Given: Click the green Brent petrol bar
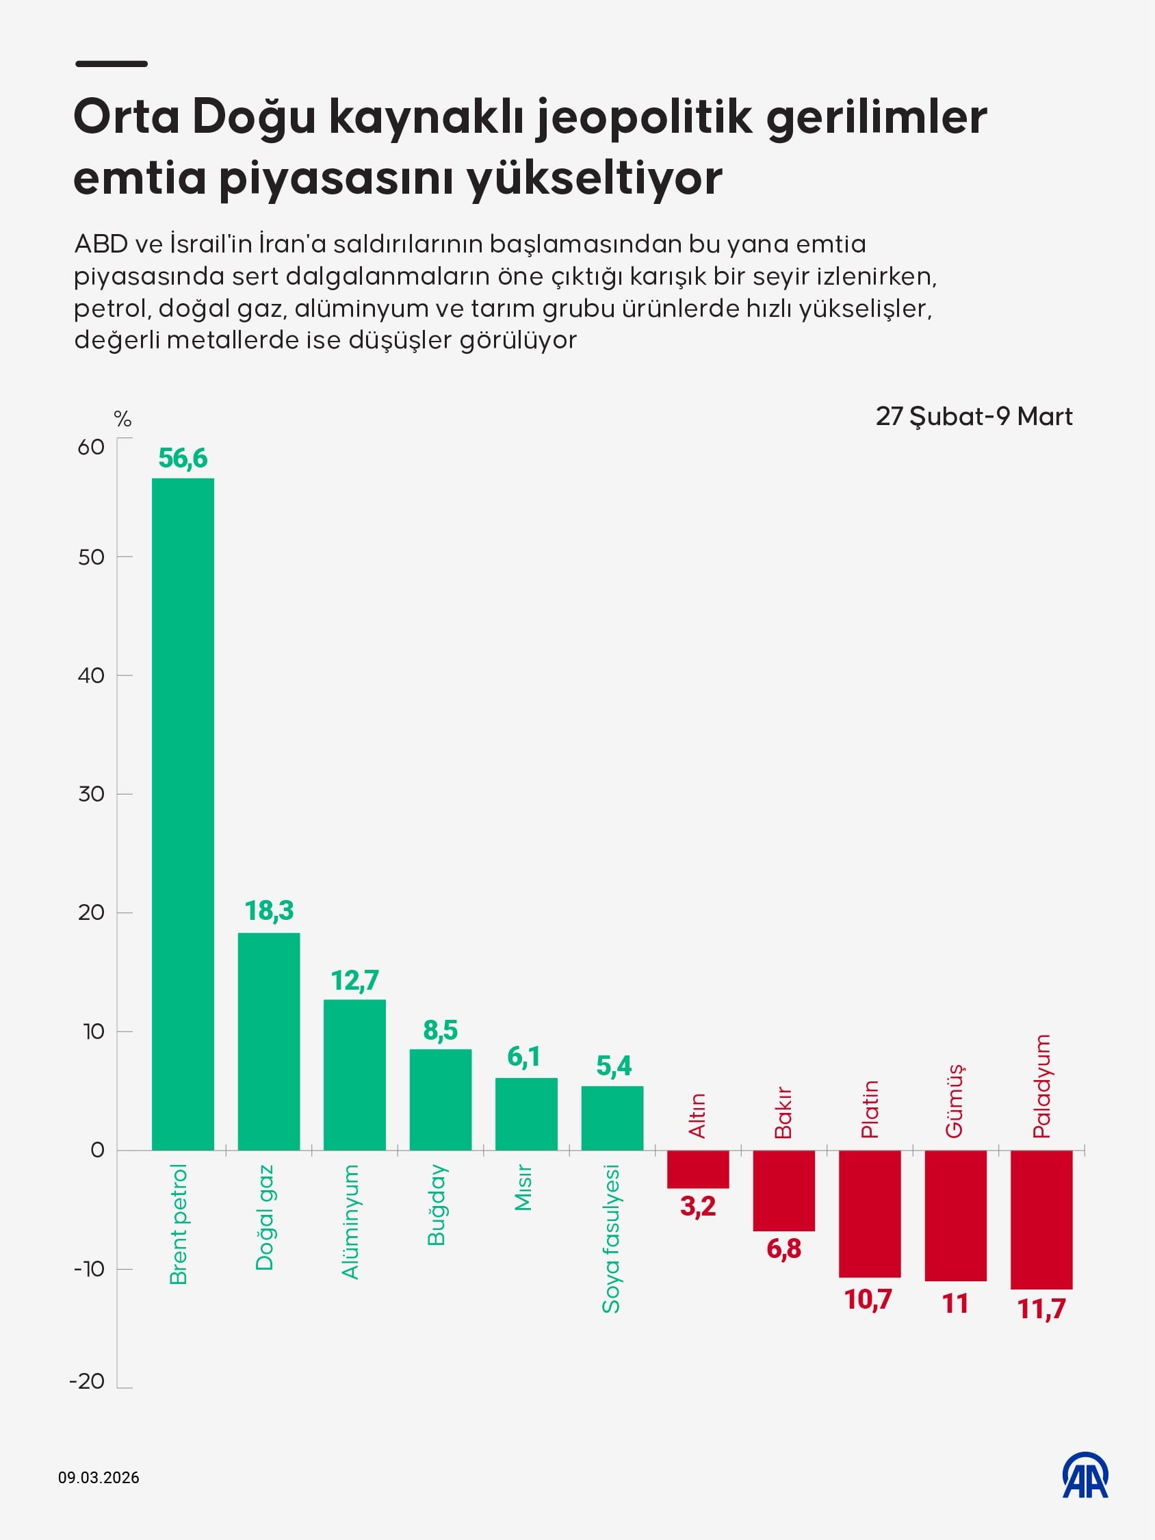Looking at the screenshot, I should (x=183, y=814).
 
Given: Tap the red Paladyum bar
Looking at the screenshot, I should (x=1041, y=1219).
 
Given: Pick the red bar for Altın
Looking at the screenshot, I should (x=698, y=1169).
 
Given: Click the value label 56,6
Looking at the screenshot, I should (x=183, y=458).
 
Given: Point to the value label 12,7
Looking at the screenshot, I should (x=354, y=980).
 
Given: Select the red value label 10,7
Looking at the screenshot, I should (x=868, y=1300).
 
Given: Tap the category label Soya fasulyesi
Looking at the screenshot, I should (x=610, y=1240).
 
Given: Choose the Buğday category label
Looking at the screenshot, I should (x=437, y=1205).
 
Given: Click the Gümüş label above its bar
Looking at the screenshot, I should (x=954, y=1101).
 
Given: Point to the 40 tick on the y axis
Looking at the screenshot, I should (x=91, y=675).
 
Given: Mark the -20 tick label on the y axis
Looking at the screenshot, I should (x=87, y=1381).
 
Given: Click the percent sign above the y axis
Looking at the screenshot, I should (x=122, y=419).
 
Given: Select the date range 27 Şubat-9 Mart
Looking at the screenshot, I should (x=973, y=416).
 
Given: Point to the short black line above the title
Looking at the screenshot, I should (x=112, y=64).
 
